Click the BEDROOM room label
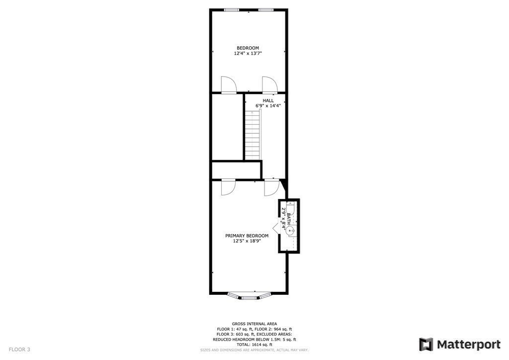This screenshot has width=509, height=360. (248, 48)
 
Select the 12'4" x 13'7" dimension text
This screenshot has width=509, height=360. (248, 53)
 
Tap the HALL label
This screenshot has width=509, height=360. (268, 100)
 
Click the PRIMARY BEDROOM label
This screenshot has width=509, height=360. (247, 236)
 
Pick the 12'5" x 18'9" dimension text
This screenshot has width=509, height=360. (247, 241)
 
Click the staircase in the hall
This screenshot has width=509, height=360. (253, 135)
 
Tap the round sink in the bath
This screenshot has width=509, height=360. (291, 230)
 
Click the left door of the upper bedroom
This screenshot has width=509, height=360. (228, 86)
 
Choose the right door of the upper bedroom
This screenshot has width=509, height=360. (269, 86)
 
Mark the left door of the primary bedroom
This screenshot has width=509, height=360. (228, 187)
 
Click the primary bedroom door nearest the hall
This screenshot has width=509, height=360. (271, 187)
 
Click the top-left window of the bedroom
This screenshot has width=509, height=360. (231, 9)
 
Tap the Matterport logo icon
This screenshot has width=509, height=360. (426, 345)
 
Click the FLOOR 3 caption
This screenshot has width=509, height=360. (19, 350)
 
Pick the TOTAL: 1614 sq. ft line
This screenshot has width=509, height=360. (254, 345)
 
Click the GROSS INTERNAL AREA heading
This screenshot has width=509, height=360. (254, 324)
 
